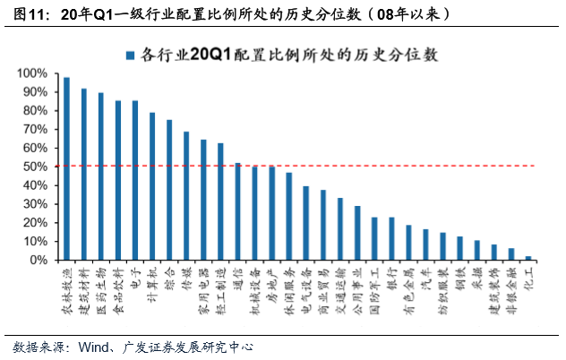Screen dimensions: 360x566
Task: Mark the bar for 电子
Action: coord(135,180)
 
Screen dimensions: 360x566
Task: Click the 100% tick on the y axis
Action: coord(33,73)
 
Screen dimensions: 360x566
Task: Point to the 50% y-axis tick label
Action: coord(36,167)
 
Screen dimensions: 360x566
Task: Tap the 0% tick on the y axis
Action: coord(39,261)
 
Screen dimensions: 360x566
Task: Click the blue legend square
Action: coord(131,55)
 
